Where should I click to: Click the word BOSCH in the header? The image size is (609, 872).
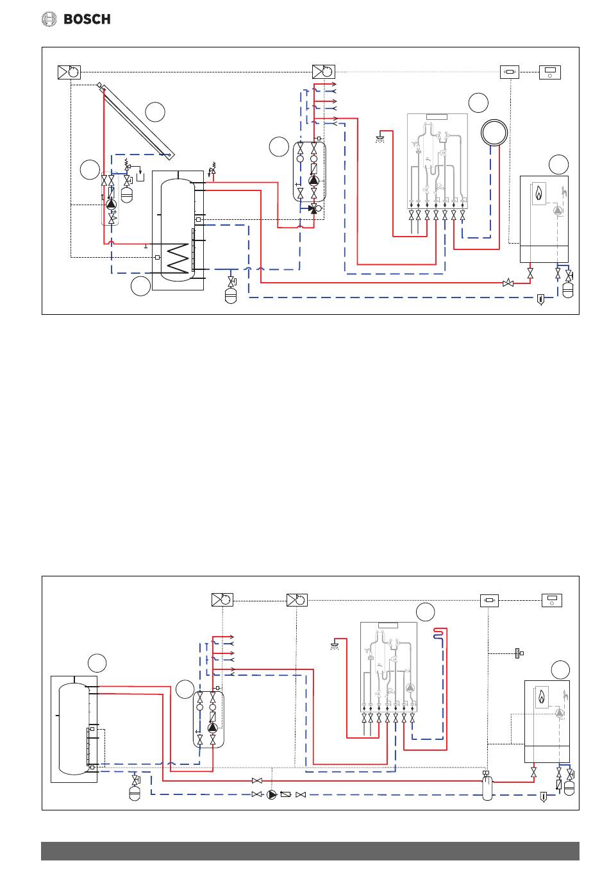[x=87, y=19]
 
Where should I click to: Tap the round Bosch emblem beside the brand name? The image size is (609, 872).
[x=49, y=19]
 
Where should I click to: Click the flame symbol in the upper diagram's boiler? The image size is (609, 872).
[x=538, y=193]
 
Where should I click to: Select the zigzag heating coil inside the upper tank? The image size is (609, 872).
[x=178, y=258]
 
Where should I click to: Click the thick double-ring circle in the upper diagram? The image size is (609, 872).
[x=494, y=133]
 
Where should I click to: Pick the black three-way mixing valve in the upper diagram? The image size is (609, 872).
[x=312, y=208]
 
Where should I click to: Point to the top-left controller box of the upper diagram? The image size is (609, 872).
[x=69, y=72]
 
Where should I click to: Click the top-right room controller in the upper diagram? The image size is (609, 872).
[x=549, y=72]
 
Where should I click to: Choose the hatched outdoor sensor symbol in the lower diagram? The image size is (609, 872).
[x=519, y=653]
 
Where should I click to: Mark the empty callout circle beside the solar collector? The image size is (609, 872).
[x=155, y=112]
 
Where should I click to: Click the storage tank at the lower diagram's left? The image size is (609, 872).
[x=74, y=729]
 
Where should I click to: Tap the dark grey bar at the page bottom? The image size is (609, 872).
[x=310, y=851]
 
